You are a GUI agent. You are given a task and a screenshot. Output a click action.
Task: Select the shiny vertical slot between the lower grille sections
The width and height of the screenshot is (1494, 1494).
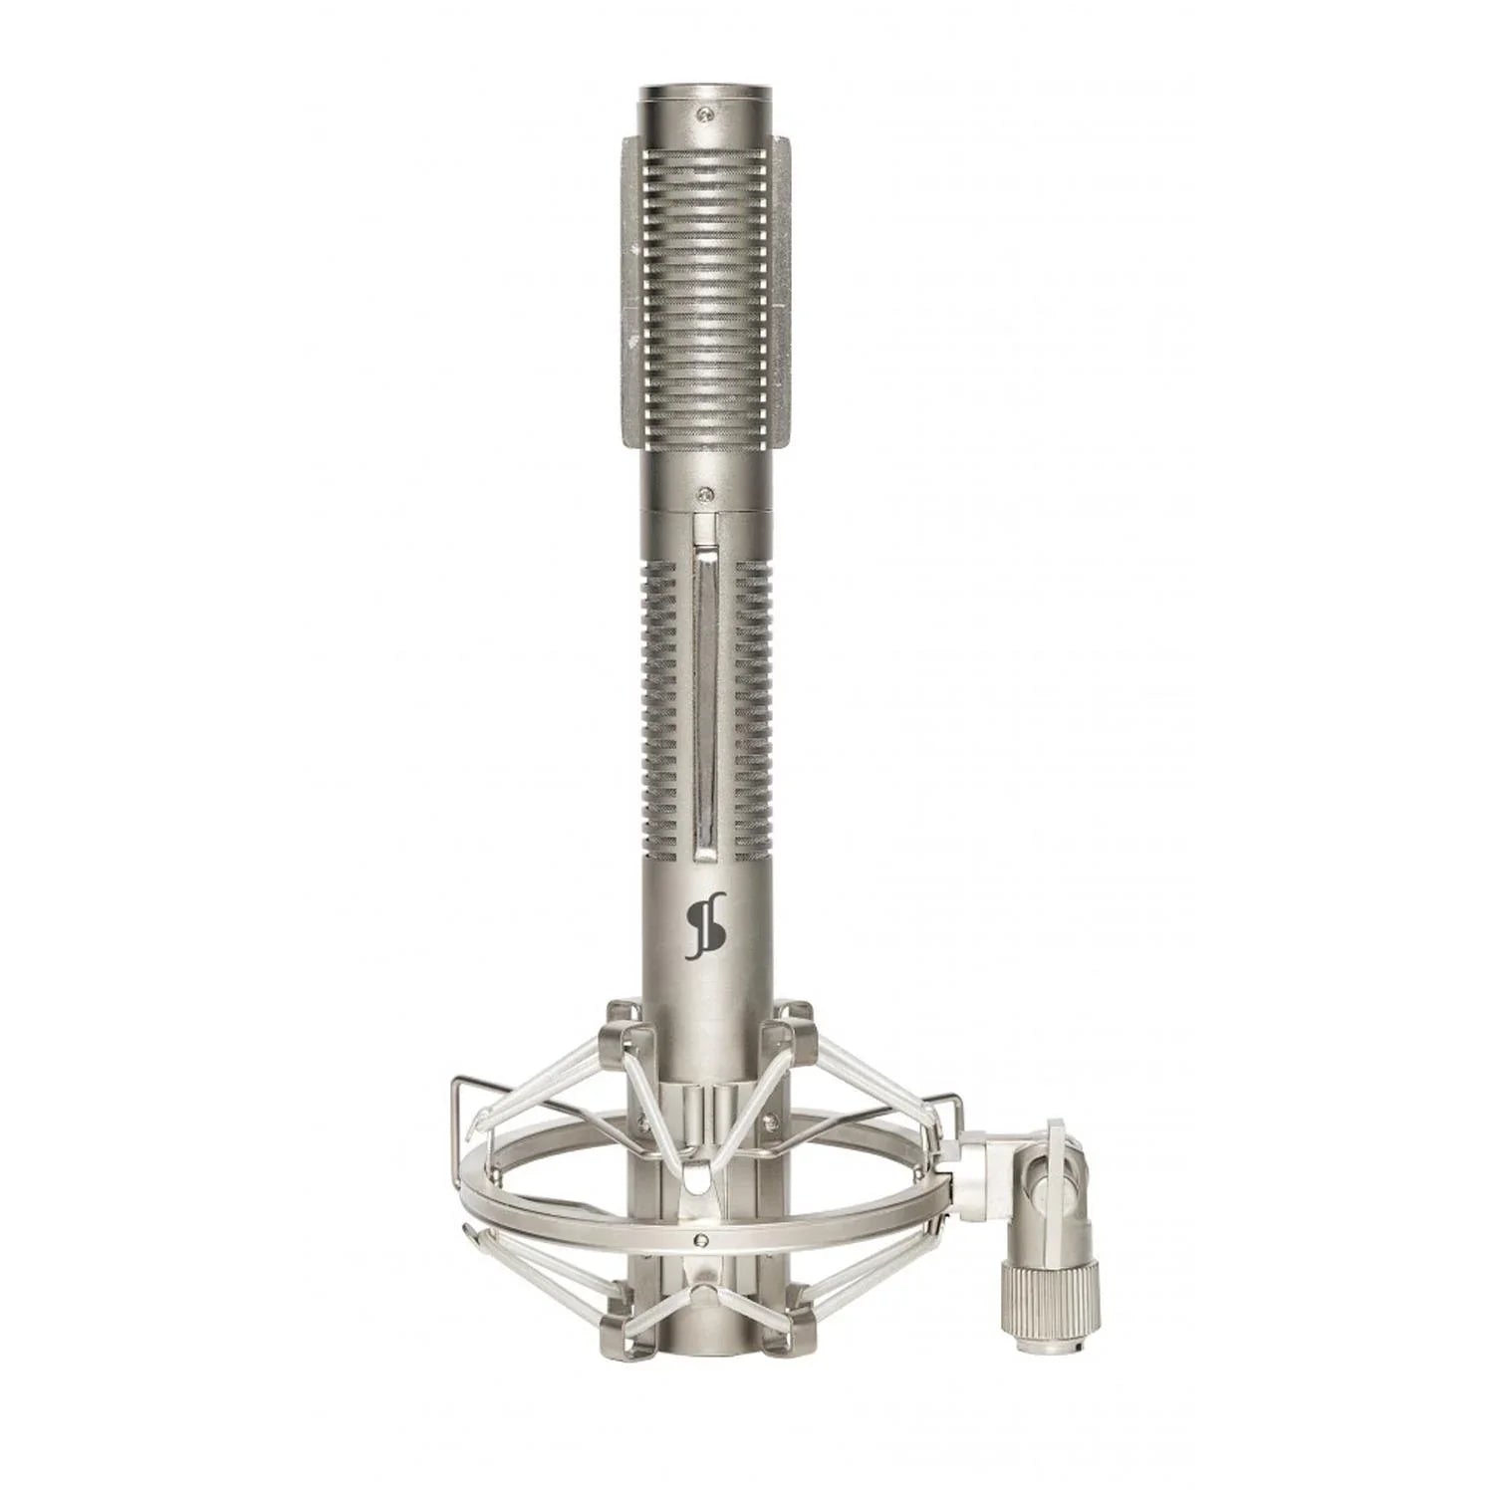pos(705,702)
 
